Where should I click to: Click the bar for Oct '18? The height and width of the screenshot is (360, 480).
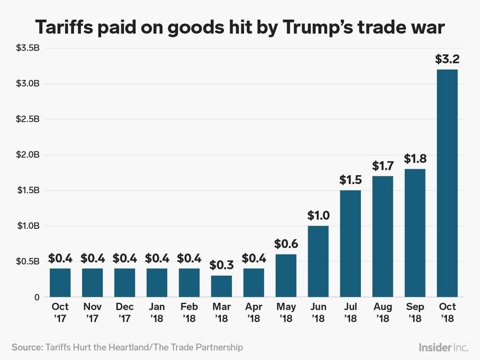(447, 183)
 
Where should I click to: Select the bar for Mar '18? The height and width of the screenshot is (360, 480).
(221, 286)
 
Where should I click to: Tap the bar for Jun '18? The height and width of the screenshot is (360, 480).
(318, 261)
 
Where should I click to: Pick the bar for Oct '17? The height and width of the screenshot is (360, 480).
(60, 283)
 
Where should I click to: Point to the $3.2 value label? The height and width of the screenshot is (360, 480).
(447, 59)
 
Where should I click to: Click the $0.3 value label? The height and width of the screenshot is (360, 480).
(221, 265)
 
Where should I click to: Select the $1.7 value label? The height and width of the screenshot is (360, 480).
(382, 165)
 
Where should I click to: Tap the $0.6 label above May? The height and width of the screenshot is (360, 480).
(286, 244)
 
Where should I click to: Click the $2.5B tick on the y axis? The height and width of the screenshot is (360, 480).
(29, 119)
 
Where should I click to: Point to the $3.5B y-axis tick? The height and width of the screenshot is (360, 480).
(29, 48)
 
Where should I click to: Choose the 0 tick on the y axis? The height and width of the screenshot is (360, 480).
(36, 297)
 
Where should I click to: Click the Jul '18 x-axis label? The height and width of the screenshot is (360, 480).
(350, 313)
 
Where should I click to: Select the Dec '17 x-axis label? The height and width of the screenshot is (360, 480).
(124, 313)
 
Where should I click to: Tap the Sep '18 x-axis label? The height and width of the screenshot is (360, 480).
(415, 313)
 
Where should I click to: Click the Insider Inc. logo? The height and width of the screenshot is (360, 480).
(443, 347)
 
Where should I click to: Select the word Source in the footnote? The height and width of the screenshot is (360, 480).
(26, 347)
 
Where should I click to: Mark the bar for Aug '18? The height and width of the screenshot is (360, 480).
(382, 236)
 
